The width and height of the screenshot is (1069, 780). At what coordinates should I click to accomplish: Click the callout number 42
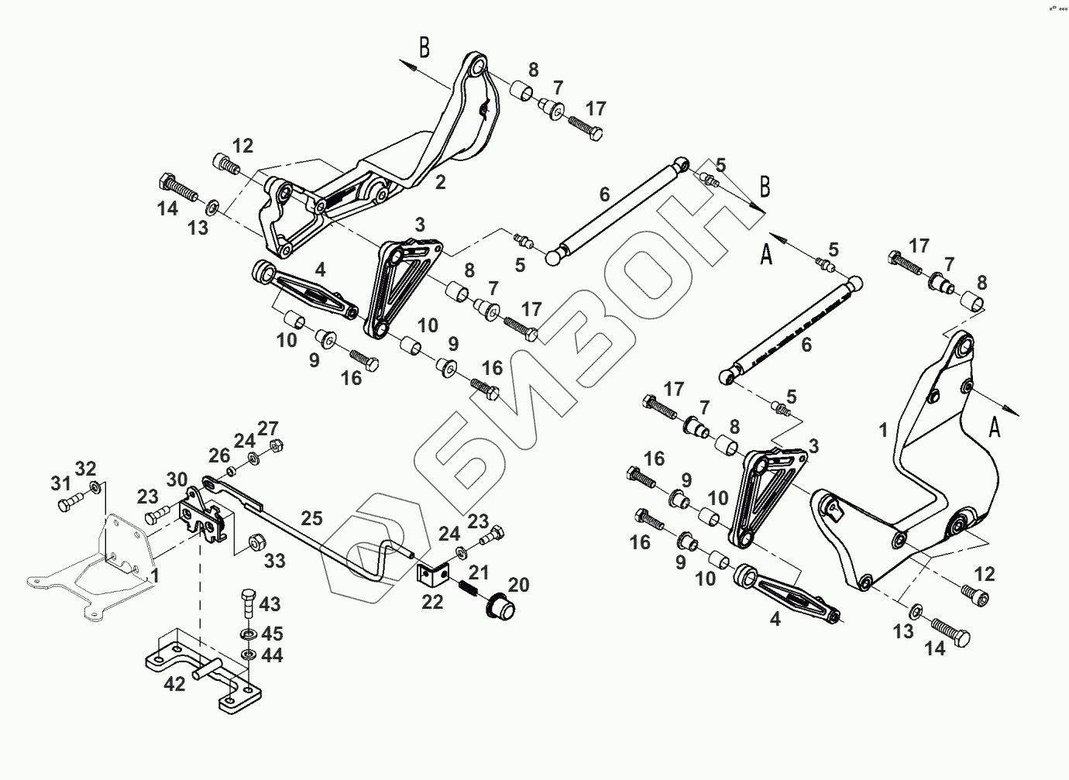pyautogui.click(x=175, y=683)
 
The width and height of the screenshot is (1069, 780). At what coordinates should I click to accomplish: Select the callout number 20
pyautogui.click(x=518, y=584)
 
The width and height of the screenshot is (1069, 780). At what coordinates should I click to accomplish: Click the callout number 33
pyautogui.click(x=275, y=561)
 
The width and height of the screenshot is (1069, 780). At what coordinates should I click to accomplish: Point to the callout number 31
pyautogui.click(x=60, y=483)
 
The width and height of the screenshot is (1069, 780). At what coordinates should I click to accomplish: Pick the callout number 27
pyautogui.click(x=268, y=428)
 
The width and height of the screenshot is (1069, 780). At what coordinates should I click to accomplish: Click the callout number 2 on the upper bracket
pyautogui.click(x=440, y=183)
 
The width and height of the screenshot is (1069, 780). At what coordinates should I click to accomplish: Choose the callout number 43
pyautogui.click(x=270, y=603)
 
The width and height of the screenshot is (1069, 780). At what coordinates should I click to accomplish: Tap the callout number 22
pyautogui.click(x=432, y=600)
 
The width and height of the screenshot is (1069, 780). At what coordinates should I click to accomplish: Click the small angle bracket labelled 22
pyautogui.click(x=434, y=574)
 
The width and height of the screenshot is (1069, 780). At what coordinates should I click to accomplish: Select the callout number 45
pyautogui.click(x=271, y=633)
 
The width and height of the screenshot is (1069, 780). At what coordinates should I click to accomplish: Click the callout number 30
pyautogui.click(x=177, y=479)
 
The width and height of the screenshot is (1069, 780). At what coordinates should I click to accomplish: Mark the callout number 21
pyautogui.click(x=479, y=572)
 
